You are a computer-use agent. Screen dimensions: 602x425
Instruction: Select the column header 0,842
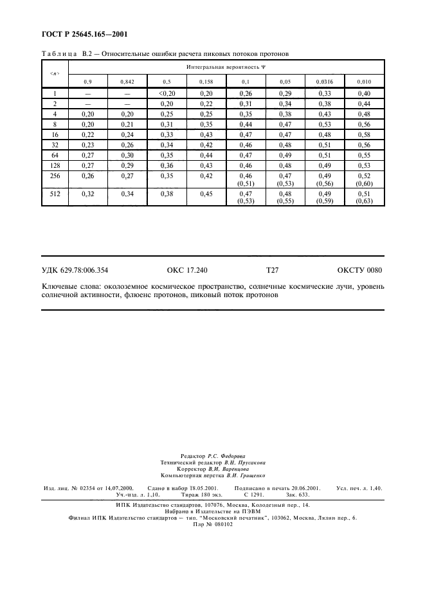[127, 82]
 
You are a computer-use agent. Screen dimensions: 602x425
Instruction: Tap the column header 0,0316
[325, 82]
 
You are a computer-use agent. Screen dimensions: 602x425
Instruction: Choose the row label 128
[55, 165]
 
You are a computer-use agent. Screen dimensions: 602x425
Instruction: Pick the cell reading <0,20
[167, 94]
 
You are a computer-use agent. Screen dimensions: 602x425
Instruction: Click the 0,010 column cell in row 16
[364, 134]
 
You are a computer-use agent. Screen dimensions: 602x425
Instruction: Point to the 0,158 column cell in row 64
[206, 155]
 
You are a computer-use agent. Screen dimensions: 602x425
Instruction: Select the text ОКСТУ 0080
[360, 271]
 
